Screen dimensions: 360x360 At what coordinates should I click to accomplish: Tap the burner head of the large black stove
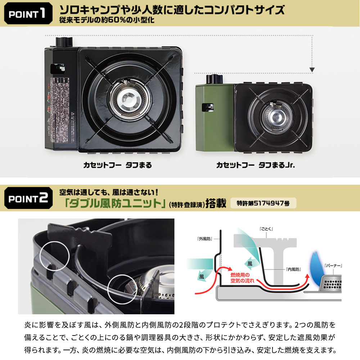(x=129, y=98)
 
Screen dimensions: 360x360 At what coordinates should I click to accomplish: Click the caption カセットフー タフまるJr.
(x=258, y=165)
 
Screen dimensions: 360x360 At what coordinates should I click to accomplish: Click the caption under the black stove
(x=117, y=165)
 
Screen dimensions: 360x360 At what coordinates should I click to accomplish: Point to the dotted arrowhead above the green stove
(x=312, y=69)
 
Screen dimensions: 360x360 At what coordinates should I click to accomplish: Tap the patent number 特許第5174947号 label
(x=263, y=203)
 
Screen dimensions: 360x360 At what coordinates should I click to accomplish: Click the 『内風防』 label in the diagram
(x=294, y=269)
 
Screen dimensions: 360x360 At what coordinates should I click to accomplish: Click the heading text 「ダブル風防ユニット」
(x=113, y=203)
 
